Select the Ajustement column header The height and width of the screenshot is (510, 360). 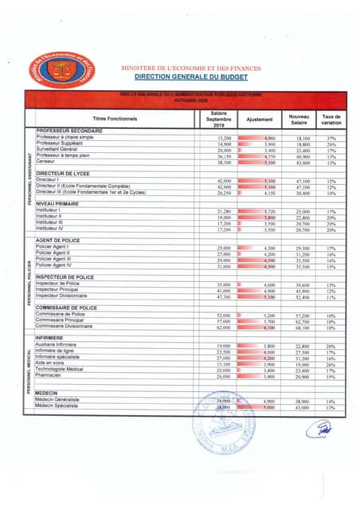click(259, 119)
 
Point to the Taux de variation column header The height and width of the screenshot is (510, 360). click(331, 119)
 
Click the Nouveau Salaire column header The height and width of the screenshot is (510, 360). click(299, 119)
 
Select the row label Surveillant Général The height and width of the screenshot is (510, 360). click(57, 150)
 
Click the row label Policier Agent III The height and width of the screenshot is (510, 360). click(54, 260)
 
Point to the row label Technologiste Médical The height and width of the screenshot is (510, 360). click(61, 370)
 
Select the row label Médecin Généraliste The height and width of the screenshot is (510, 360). click(58, 400)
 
